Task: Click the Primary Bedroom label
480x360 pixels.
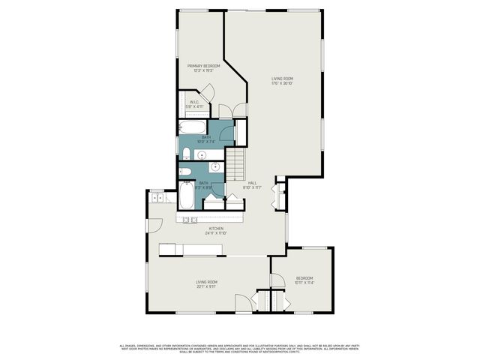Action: tap(204, 67)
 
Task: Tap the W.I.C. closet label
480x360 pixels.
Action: tap(193, 104)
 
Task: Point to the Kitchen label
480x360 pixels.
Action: tap(216, 230)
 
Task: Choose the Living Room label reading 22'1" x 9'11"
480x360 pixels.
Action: tap(206, 283)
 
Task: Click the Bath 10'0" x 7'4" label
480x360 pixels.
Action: tap(205, 139)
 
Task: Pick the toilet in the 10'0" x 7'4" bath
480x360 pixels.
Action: tap(185, 154)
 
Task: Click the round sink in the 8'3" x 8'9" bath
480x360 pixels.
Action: tap(215, 167)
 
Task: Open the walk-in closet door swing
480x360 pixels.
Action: tap(209, 93)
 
